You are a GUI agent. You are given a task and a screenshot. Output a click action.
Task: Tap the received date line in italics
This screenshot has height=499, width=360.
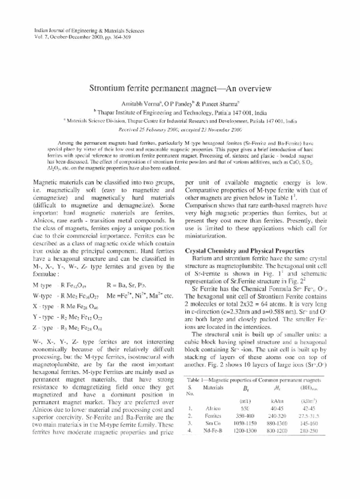point(179,128)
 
